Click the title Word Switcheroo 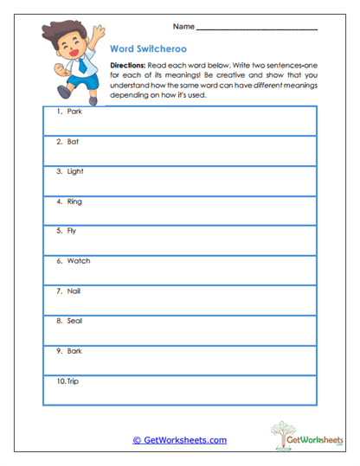148,49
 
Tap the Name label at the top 183,28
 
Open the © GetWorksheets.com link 179,440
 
